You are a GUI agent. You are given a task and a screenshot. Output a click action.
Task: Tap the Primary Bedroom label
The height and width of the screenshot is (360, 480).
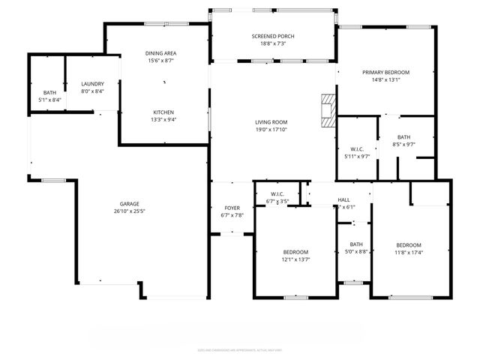pos(386,73)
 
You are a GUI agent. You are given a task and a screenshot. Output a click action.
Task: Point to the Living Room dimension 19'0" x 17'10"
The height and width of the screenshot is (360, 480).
pos(271,129)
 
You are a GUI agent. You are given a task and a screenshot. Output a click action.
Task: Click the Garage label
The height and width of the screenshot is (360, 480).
pos(130,203)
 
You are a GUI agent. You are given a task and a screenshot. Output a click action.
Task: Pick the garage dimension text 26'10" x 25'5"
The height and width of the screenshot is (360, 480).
pos(130,211)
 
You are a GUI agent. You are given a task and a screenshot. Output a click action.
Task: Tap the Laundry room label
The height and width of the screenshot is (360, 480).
pos(92,84)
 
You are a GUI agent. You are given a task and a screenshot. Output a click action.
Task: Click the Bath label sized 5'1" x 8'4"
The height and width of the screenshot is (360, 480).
pos(49,92)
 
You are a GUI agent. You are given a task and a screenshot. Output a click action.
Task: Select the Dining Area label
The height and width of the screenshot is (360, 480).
pos(160,53)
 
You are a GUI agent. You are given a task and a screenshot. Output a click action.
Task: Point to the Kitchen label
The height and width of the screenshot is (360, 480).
pos(163,111)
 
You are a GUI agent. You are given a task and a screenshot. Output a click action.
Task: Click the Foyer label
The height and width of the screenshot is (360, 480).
pos(232,208)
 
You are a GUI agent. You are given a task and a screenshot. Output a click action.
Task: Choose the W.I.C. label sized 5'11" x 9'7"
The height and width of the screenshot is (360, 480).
pos(356,148)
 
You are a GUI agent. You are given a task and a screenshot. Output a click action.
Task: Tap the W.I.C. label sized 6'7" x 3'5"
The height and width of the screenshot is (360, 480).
pos(277,194)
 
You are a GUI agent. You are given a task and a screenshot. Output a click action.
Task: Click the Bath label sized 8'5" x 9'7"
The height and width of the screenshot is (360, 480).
pos(404,136)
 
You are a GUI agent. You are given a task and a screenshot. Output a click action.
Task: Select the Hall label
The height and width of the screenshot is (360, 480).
pos(343,199)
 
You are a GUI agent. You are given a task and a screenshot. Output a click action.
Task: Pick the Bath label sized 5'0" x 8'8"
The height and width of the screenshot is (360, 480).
pos(355,244)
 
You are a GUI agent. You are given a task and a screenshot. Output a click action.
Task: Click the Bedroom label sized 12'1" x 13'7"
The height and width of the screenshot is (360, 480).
pos(295,251)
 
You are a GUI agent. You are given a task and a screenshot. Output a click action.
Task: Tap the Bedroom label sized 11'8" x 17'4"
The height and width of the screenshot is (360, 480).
pos(409,245)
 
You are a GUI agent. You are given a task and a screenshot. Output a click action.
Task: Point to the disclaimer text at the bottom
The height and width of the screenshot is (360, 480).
pos(240,349)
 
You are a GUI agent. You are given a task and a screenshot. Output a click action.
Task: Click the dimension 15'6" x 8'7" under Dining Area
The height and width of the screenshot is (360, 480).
pos(160,61)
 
